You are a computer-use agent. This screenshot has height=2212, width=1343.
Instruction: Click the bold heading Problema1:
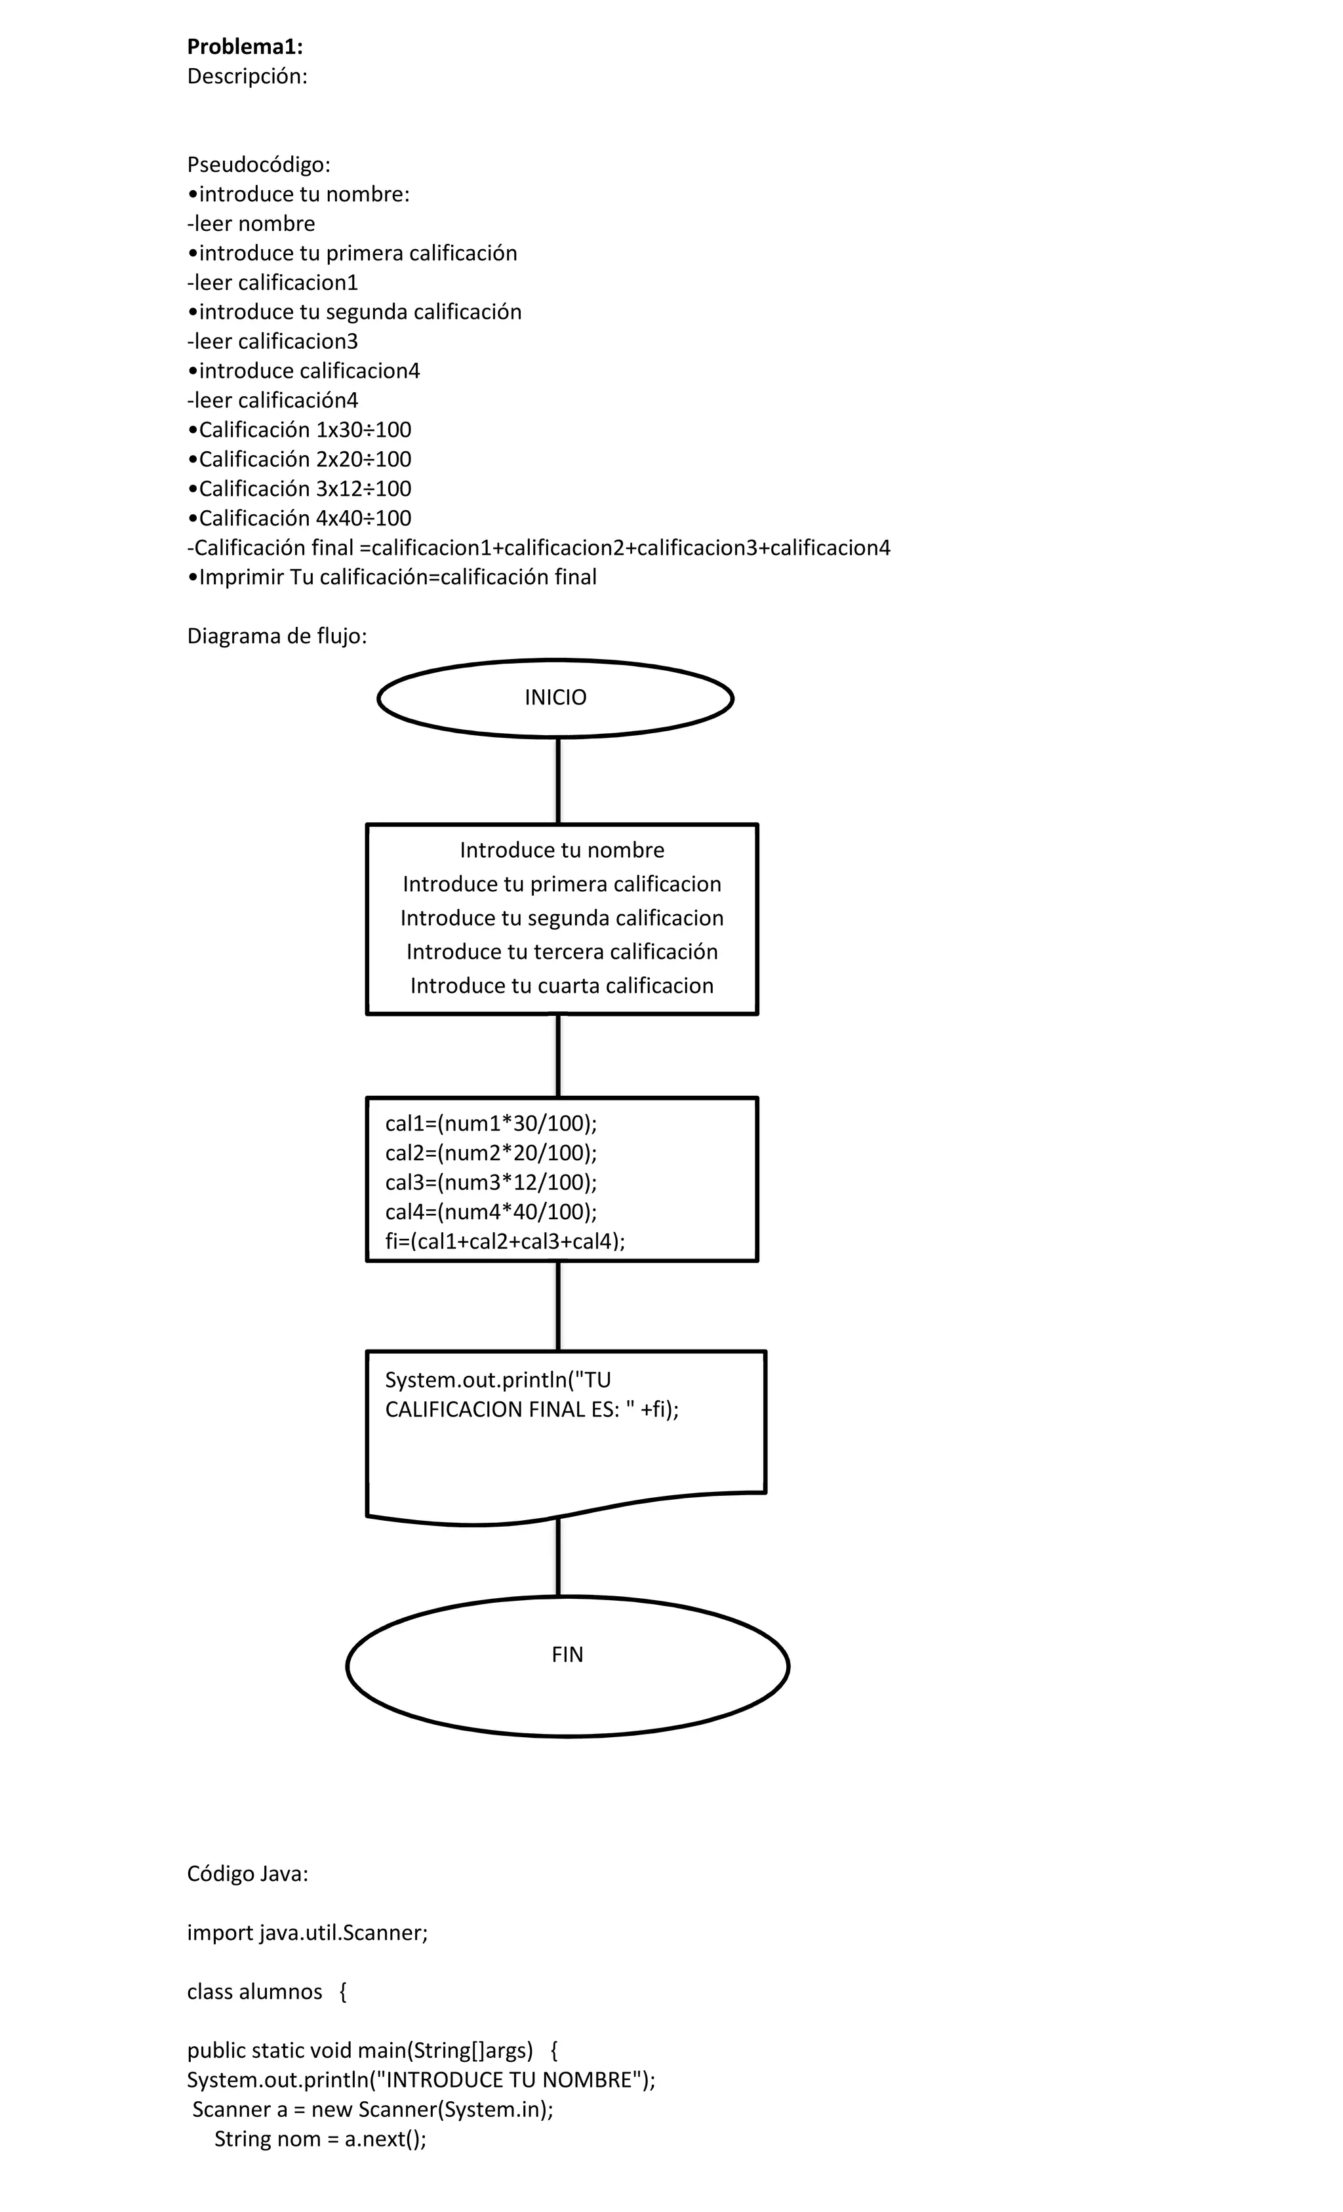point(244,47)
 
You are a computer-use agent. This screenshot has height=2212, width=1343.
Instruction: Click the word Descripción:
point(247,76)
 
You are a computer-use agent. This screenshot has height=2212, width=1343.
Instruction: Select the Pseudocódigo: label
point(258,165)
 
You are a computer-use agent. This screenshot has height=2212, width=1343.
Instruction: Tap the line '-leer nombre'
point(251,224)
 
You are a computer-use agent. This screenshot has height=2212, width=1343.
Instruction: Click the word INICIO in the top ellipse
point(555,698)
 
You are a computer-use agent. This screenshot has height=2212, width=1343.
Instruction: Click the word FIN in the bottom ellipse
point(567,1654)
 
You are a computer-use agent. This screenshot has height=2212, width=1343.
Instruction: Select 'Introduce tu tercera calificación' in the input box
point(562,952)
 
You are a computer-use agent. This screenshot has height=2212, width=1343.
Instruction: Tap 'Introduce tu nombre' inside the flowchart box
point(562,850)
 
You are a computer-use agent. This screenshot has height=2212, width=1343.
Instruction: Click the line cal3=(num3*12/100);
point(491,1182)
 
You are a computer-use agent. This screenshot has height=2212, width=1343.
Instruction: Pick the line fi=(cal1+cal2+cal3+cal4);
point(504,1241)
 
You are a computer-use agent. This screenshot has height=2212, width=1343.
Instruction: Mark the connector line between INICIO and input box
point(559,780)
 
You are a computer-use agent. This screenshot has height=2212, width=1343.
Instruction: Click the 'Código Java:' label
point(247,1874)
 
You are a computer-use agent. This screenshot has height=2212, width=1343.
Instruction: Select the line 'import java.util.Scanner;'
point(307,1933)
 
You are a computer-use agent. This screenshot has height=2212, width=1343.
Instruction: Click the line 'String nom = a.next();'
point(319,2139)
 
